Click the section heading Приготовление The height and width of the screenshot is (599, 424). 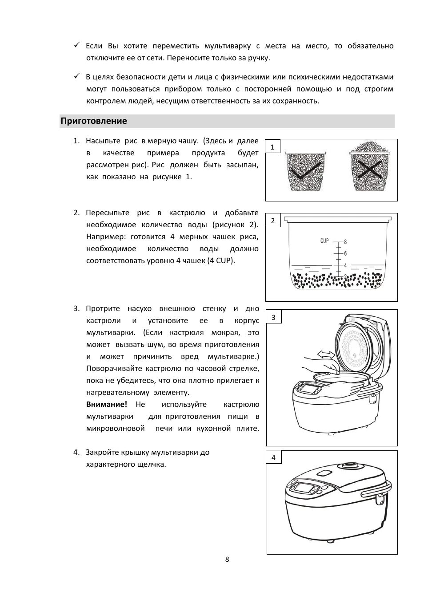click(x=94, y=121)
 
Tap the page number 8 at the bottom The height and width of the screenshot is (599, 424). click(x=227, y=559)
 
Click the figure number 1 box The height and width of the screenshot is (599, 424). click(x=272, y=147)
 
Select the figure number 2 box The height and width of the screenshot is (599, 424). click(x=273, y=221)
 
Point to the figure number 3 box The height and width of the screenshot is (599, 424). click(x=273, y=317)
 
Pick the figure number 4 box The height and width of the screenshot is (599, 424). click(x=273, y=458)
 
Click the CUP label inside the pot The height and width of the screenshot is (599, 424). click(x=324, y=240)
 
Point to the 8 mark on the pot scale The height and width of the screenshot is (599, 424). click(x=345, y=242)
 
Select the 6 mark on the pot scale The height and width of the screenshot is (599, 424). click(x=345, y=253)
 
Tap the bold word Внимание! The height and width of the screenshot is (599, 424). click(x=107, y=405)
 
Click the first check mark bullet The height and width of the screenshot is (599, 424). click(x=76, y=45)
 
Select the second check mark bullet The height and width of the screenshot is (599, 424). click(x=76, y=76)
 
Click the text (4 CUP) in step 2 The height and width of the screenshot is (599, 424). click(x=220, y=261)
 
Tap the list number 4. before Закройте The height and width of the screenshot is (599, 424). click(x=76, y=453)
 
